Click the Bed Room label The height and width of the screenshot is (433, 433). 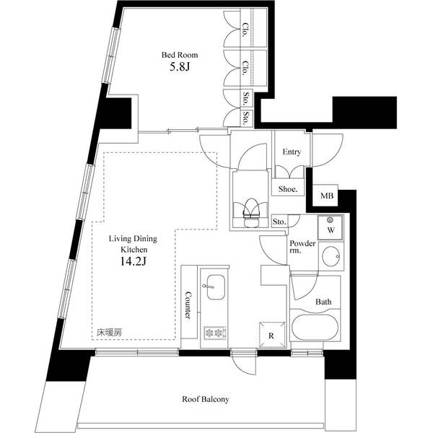(180, 55)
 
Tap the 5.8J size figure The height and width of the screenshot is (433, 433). (180, 67)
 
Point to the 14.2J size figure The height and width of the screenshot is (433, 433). (133, 261)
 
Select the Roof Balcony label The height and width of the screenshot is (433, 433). (206, 399)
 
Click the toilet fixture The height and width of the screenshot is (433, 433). (250, 212)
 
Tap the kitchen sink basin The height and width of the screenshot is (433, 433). (216, 287)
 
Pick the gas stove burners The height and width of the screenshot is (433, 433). (215, 333)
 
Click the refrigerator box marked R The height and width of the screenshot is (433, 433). (272, 336)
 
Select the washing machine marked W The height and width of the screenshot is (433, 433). (331, 227)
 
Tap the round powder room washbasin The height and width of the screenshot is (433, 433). (331, 256)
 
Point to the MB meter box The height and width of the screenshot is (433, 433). (327, 196)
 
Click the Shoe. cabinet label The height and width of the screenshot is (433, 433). (288, 189)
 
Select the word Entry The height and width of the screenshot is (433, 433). (292, 152)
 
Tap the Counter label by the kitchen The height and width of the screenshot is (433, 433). (188, 305)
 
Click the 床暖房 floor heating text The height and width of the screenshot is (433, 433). (109, 333)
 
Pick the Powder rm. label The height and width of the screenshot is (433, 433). (302, 247)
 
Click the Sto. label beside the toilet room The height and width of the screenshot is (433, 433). (279, 222)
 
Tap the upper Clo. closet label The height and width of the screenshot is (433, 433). (245, 30)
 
